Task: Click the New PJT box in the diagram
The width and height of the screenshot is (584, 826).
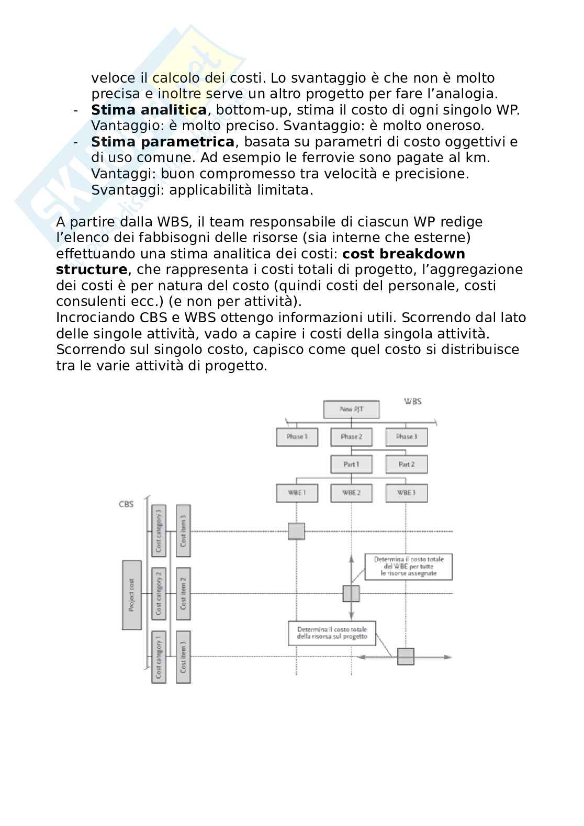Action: tap(351, 409)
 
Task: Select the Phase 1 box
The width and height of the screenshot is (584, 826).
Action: tap(297, 437)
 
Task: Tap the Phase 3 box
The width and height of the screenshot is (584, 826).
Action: tap(406, 437)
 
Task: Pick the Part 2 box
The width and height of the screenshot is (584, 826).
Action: tap(406, 464)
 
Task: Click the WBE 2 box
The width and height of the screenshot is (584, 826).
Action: tap(351, 493)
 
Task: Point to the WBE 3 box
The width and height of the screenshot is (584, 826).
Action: tap(406, 493)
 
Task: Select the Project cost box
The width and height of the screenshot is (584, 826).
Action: tap(131, 595)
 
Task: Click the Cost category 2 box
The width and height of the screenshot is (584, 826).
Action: tap(159, 594)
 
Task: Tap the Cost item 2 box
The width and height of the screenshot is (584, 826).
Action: tap(183, 594)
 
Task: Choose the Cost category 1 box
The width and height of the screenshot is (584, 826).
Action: tap(159, 657)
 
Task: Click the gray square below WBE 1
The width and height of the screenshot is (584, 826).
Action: tap(296, 531)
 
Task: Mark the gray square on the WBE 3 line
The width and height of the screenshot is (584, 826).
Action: tap(406, 657)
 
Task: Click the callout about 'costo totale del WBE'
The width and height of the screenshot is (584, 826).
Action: tap(409, 567)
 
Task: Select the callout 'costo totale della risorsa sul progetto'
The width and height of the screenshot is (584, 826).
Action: tap(332, 632)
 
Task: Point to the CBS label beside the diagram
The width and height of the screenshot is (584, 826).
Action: tap(126, 504)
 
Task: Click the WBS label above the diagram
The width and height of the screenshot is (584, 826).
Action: tap(413, 401)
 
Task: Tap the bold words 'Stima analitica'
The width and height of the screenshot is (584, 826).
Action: tap(149, 110)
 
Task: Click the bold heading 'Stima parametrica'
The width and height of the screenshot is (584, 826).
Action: tap(163, 142)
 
